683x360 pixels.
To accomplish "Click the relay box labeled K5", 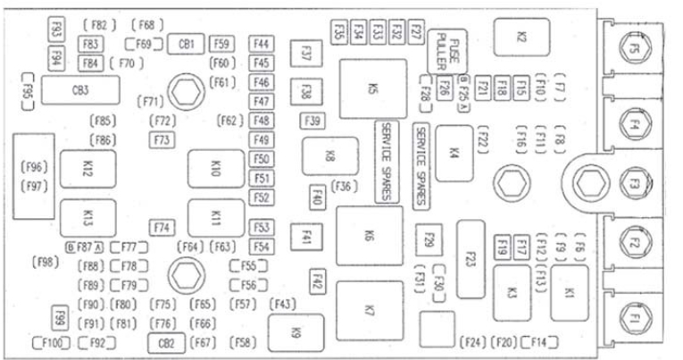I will pos(372,88).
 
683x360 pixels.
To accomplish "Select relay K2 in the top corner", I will pos(521,37).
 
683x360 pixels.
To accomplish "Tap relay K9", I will pos(295,331).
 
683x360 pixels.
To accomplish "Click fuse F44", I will pos(262,43).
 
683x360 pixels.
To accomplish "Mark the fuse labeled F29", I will pos(429,241).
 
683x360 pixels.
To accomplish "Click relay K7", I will pos(369,310).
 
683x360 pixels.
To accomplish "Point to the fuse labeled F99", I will pos(61,318).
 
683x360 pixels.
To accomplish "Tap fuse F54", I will pos(262,246).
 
